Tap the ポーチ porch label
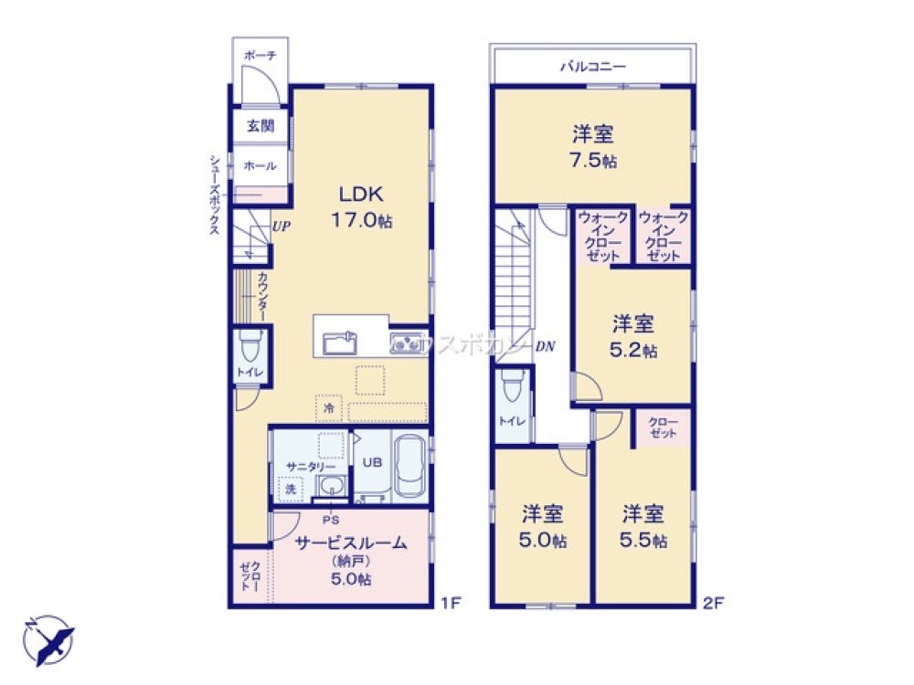point(260,56)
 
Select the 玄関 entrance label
point(260,126)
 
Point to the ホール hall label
point(260,165)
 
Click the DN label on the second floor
point(546,346)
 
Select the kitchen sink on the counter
point(340,343)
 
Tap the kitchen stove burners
point(405,342)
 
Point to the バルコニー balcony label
point(592,67)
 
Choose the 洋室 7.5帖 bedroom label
point(593,146)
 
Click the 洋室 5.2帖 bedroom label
point(633,335)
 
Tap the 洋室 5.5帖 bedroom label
point(644,525)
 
